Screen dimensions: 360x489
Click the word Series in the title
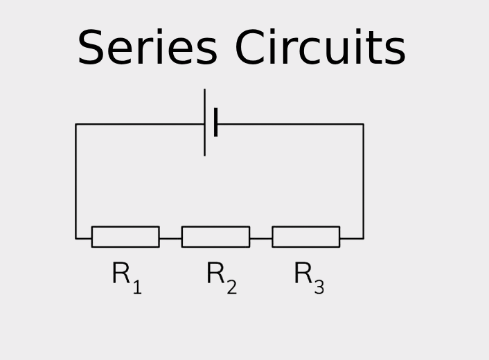point(146,48)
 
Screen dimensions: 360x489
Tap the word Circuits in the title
point(319,48)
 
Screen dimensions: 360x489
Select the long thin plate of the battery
point(204,123)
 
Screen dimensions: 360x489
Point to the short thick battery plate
point(216,123)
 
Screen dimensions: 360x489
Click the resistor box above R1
point(125,237)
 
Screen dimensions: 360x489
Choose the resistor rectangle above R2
point(215,237)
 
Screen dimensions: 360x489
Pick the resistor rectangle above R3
point(305,237)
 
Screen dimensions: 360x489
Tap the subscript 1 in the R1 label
point(137,287)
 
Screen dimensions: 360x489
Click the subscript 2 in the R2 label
point(231,287)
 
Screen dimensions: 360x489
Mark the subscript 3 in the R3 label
point(319,287)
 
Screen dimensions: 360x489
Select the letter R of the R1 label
point(121,274)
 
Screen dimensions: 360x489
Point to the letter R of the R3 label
point(303,274)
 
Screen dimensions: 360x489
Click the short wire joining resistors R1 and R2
point(170,239)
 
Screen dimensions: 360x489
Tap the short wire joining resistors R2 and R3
point(260,239)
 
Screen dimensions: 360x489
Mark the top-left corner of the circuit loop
point(75,125)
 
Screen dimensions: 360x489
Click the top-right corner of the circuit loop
point(363,125)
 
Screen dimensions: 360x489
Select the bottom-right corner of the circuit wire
point(363,239)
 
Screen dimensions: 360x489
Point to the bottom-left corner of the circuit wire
point(75,239)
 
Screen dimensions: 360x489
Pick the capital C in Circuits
point(251,48)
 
